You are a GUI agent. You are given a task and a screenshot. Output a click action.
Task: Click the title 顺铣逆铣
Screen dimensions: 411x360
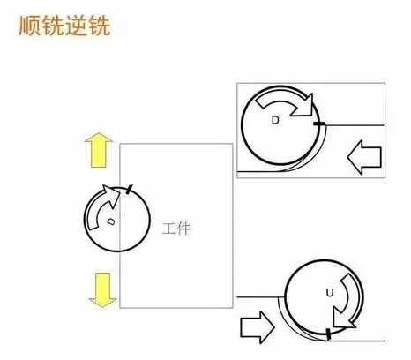click(64, 26)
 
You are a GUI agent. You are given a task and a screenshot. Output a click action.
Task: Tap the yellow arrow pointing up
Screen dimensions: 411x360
click(99, 150)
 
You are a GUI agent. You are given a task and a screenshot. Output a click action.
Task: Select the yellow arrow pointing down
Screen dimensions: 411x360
click(103, 290)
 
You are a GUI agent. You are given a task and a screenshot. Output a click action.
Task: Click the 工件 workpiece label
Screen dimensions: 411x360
click(176, 229)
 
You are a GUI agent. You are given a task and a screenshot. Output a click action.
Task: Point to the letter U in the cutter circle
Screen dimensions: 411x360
click(330, 293)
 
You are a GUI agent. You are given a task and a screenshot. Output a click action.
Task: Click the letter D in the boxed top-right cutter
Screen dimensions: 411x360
click(275, 120)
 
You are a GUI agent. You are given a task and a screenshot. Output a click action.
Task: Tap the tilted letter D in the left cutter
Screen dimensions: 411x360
click(111, 221)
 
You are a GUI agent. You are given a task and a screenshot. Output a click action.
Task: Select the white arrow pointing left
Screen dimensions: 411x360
click(364, 157)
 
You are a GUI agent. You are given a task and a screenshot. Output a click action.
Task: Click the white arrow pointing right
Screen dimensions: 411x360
click(258, 327)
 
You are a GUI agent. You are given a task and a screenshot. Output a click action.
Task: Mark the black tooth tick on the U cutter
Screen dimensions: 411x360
click(328, 334)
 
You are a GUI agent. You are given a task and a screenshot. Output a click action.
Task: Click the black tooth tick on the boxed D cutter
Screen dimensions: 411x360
click(319, 124)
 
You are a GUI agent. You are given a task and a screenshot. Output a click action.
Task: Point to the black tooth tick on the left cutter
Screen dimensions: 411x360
click(129, 189)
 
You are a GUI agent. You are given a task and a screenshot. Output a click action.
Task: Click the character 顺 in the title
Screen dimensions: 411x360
click(30, 26)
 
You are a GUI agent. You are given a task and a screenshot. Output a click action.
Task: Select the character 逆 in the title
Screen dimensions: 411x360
click(76, 26)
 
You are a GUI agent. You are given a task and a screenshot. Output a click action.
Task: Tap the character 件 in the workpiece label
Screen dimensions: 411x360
click(183, 229)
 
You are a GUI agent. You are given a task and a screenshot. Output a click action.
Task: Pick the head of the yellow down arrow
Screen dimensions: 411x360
click(103, 303)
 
